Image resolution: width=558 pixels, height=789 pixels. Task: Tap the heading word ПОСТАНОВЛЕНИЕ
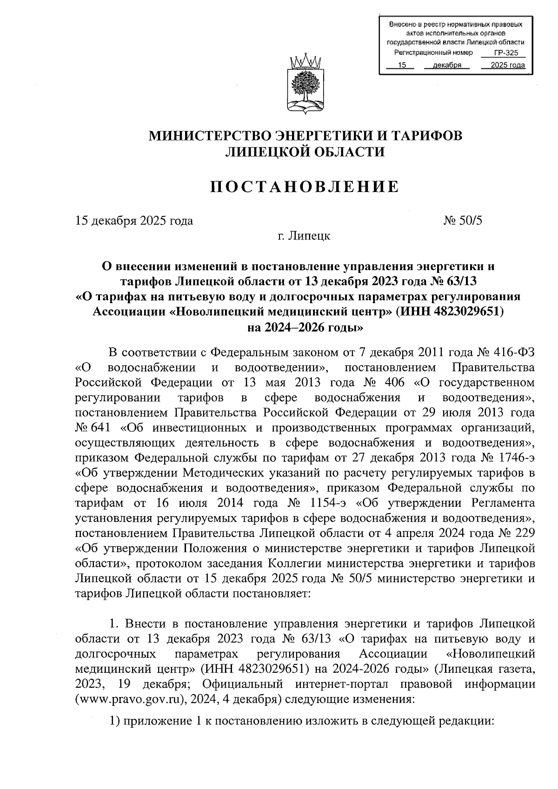tap(305, 187)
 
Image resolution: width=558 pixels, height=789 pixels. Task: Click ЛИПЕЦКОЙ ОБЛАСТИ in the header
tap(305, 152)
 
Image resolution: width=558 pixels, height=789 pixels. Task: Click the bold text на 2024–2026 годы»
tap(305, 327)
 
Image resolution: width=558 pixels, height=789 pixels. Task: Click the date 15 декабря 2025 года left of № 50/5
tap(134, 221)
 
